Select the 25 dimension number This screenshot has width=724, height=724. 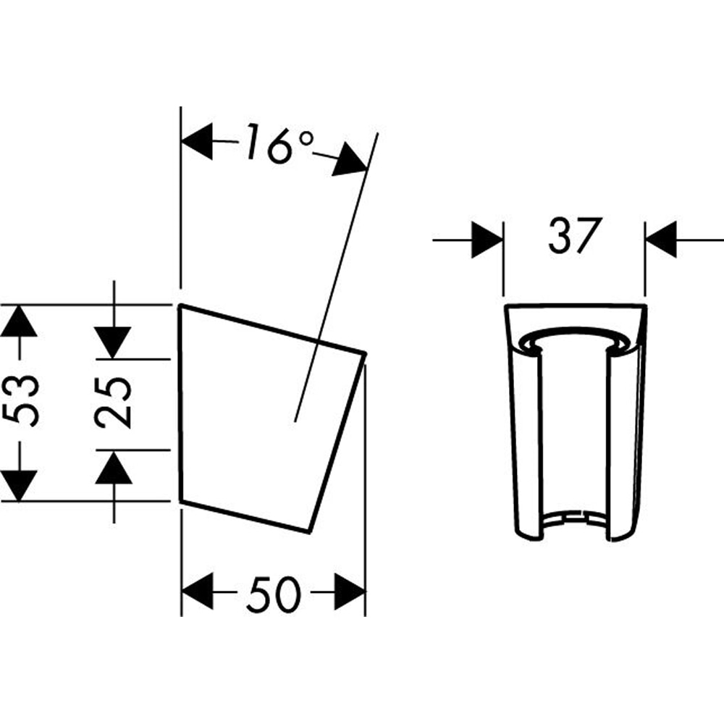point(114,403)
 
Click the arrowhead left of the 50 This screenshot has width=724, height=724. point(197,592)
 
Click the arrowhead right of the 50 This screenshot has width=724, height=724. point(349,592)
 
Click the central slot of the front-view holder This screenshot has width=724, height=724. point(573,434)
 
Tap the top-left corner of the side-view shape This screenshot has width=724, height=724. point(180,305)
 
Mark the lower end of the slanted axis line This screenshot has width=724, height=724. point(296,420)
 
